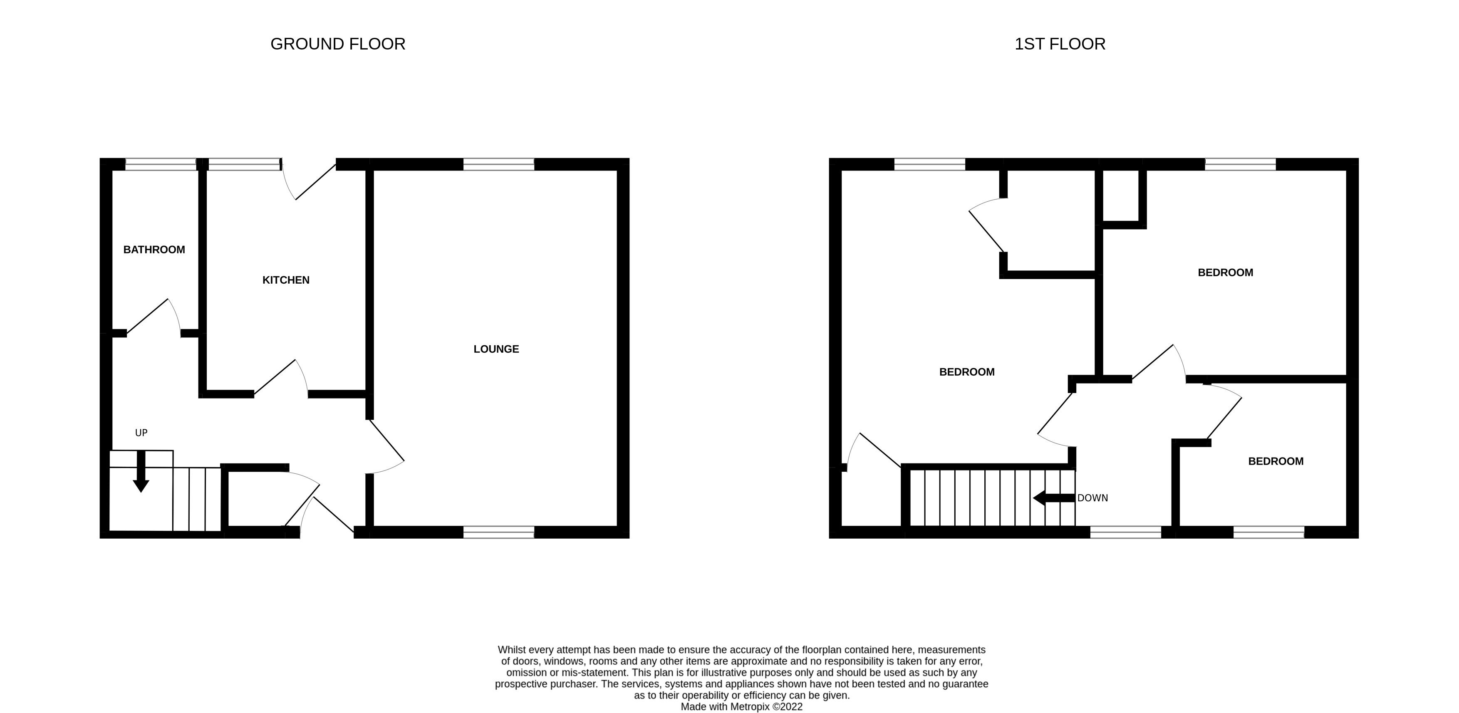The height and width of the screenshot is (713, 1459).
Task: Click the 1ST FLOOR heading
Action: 1059,44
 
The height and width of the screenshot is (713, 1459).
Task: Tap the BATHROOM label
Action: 154,250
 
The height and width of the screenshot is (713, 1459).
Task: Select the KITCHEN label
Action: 286,280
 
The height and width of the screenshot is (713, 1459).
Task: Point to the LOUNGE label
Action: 496,349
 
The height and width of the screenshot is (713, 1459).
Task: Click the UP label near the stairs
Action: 141,433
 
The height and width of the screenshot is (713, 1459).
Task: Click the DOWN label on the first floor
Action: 1092,498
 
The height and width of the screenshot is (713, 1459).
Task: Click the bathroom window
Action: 161,164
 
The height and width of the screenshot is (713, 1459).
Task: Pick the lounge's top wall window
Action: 498,164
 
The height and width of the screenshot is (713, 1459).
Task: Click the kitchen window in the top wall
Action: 244,164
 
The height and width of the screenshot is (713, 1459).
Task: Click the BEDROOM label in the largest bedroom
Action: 967,372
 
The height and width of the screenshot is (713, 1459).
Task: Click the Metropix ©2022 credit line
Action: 741,707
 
